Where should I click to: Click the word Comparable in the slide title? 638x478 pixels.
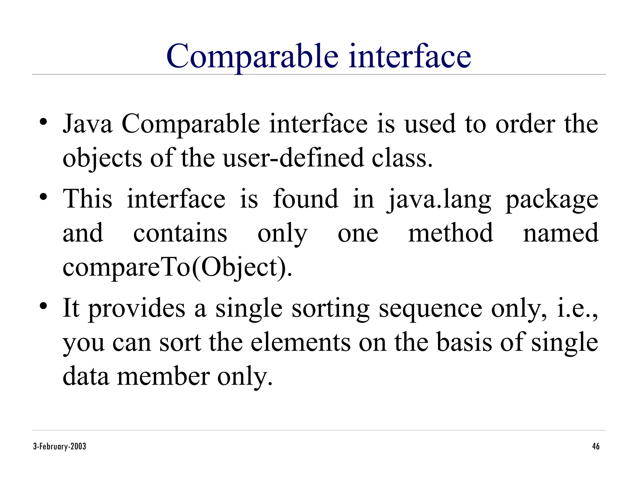coord(252,57)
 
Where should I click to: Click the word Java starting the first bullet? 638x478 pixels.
coord(88,124)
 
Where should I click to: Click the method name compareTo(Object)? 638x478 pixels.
coord(178,267)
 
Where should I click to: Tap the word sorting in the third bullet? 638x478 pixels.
coord(331,309)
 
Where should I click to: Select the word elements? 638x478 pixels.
coord(301,342)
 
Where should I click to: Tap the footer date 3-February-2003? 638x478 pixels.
coord(60,447)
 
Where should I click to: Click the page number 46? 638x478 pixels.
coord(596,447)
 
